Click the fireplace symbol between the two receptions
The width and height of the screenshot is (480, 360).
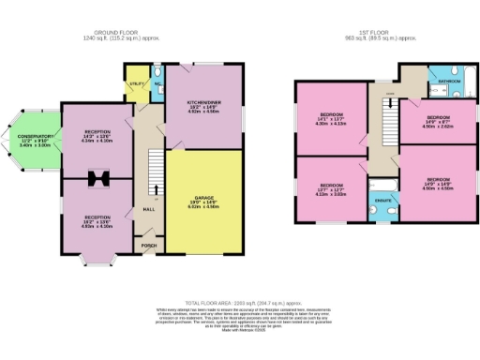click(x=97, y=178)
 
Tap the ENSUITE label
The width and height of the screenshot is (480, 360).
click(x=382, y=200)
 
